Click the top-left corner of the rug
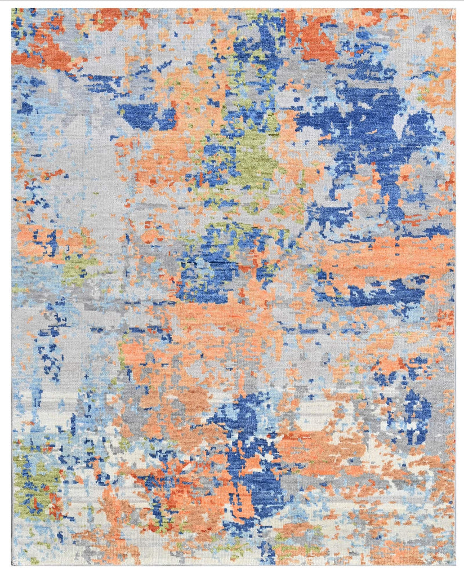tap(11, 8)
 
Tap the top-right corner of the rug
tap(455, 8)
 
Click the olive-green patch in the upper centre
tap(256, 158)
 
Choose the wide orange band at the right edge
tap(389, 256)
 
